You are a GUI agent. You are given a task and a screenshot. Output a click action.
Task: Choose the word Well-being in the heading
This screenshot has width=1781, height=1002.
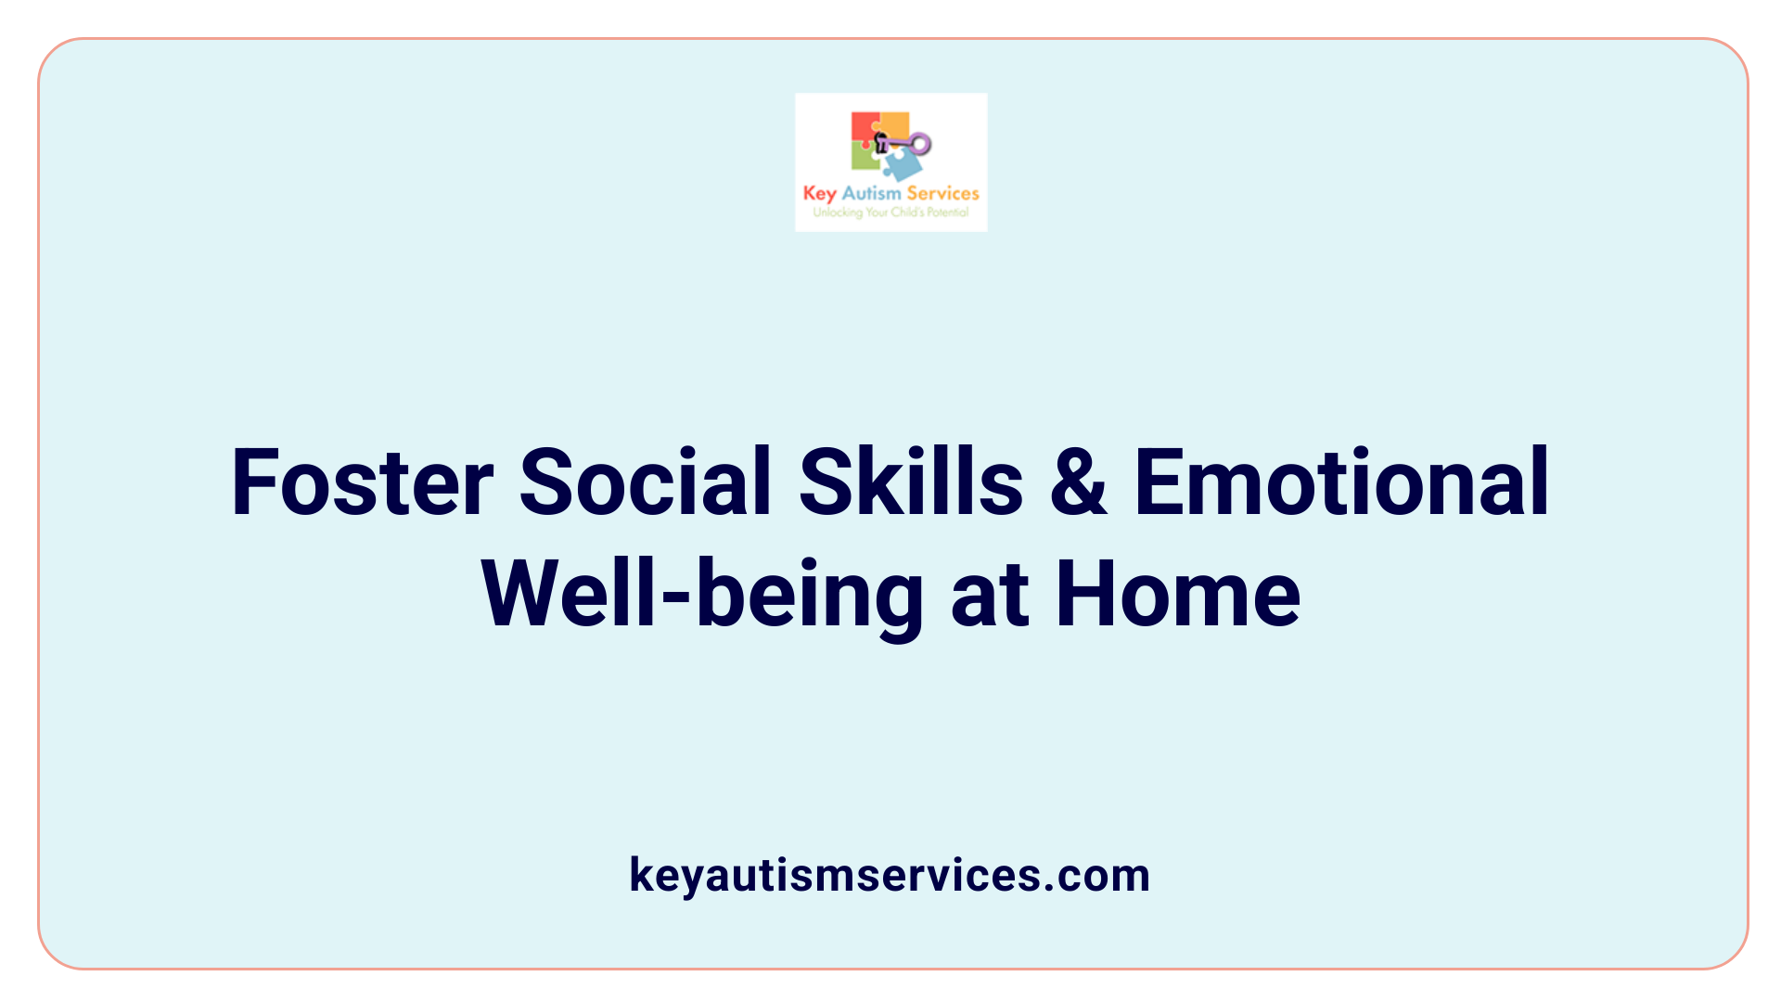coord(702,596)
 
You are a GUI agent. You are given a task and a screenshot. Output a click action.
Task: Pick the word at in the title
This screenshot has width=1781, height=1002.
coord(990,596)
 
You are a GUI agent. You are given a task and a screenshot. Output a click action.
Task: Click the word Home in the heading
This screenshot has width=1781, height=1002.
coord(1178,596)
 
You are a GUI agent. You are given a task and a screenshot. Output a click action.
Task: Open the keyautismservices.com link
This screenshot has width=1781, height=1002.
coord(890,875)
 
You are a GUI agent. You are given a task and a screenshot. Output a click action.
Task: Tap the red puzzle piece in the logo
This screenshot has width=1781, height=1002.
coord(863,128)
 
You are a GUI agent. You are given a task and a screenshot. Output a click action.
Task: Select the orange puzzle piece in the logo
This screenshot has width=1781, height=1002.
coord(894,124)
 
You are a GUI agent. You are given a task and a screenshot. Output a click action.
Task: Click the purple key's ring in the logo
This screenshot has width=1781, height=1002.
coord(920,144)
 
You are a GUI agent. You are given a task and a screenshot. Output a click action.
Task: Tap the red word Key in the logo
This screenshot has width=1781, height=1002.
coord(819,194)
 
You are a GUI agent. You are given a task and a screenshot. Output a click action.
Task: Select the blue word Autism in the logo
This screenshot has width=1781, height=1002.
coord(871,193)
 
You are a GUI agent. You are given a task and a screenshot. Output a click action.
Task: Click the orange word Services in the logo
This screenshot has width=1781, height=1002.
coord(942,193)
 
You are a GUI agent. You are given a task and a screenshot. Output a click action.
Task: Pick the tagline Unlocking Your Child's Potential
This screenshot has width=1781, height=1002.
coord(890,212)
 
